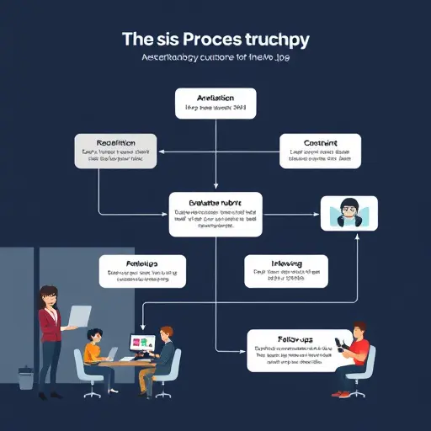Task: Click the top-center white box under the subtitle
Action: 215,103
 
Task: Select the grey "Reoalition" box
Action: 114,150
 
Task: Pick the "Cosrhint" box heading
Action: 319,142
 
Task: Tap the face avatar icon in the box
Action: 349,212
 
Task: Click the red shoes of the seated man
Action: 340,393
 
